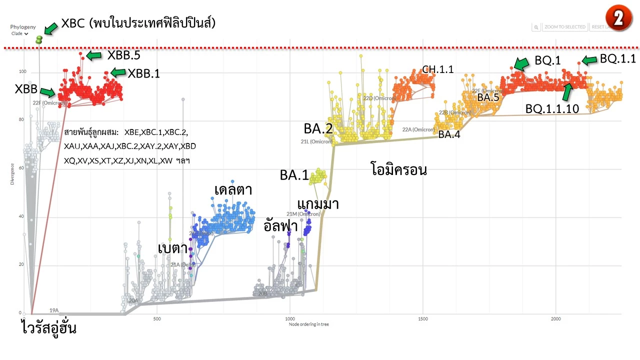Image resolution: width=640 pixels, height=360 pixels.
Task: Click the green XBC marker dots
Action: click(39, 38)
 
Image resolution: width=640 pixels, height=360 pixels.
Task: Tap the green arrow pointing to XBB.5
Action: click(95, 54)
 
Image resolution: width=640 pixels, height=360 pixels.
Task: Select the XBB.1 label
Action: click(144, 73)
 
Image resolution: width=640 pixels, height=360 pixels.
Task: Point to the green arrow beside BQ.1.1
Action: click(589, 60)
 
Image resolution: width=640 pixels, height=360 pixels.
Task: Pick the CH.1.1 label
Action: click(438, 69)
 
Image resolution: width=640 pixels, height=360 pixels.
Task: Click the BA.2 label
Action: click(318, 129)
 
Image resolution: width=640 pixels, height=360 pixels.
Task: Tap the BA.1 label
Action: click(294, 175)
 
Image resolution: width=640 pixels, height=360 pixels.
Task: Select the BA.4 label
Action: click(449, 134)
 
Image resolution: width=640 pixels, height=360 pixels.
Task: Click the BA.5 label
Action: click(488, 98)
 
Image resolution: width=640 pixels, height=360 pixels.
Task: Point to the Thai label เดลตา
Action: click(232, 190)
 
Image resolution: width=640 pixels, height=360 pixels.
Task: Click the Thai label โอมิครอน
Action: click(398, 170)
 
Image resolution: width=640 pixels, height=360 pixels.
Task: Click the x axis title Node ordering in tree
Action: click(309, 324)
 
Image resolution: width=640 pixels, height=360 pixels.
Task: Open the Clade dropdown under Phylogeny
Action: click(19, 34)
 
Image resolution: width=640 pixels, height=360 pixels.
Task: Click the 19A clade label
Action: click(54, 310)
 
